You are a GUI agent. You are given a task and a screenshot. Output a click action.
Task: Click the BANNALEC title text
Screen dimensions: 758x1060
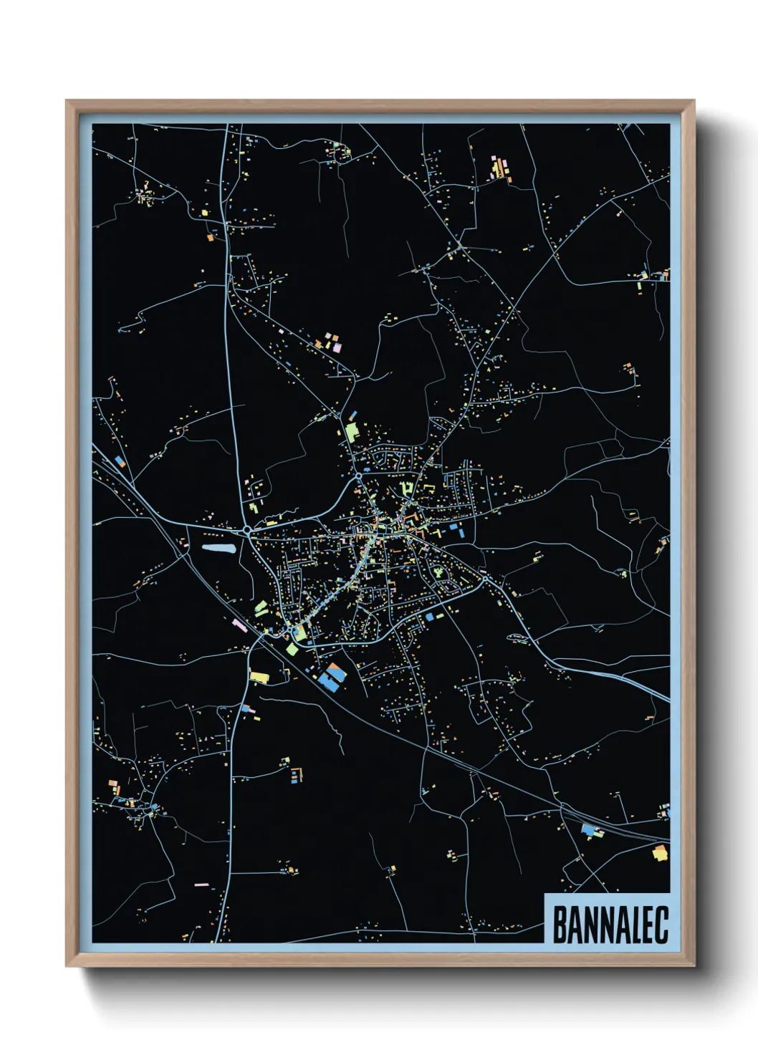610,925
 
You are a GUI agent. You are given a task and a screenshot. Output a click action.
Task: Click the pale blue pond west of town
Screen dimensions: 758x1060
219,549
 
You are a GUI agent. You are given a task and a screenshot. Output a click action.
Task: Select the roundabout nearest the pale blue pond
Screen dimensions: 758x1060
247,531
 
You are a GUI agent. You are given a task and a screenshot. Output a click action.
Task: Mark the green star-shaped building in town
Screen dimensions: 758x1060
437,573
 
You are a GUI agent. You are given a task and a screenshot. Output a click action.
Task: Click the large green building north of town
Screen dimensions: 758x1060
351,432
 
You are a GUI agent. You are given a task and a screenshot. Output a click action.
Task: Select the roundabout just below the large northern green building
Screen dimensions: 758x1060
358,475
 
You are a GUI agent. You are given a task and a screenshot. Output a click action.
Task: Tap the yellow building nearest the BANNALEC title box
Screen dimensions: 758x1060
660,853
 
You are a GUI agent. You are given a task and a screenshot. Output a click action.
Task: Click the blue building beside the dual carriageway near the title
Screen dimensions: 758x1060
589,831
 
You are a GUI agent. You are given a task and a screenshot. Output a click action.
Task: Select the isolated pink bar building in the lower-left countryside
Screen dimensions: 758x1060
201,885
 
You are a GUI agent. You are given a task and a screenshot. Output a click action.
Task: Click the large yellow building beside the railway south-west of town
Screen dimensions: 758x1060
259,676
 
